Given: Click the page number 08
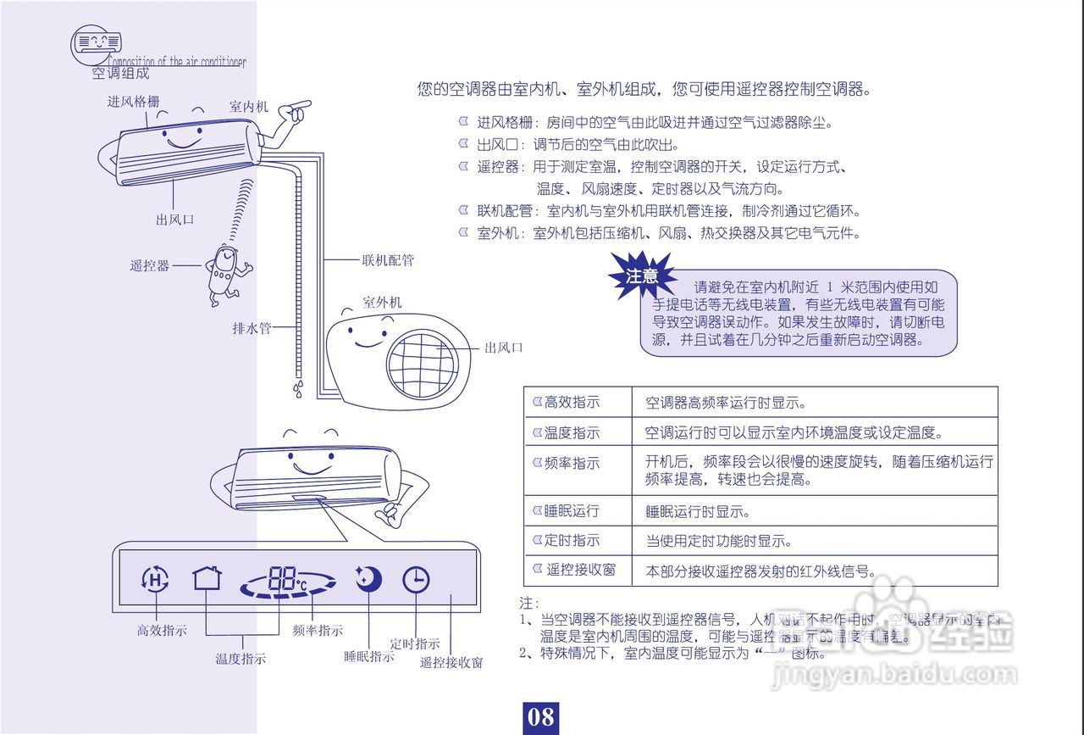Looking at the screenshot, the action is (540, 717).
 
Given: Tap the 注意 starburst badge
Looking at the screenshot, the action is (641, 276).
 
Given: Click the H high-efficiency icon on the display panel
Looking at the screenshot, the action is (154, 580).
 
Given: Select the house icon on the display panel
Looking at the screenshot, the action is (207, 578).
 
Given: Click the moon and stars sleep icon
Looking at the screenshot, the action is (368, 578).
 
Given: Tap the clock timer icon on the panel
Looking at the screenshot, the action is (416, 580).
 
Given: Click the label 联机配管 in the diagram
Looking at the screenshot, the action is (388, 260).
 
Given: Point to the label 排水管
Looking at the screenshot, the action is (252, 328).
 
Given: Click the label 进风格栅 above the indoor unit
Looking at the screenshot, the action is (133, 102).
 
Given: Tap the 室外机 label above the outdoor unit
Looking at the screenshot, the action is (382, 303).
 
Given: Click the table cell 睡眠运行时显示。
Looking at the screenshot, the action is (698, 512).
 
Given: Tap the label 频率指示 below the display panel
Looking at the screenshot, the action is (318, 631).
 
